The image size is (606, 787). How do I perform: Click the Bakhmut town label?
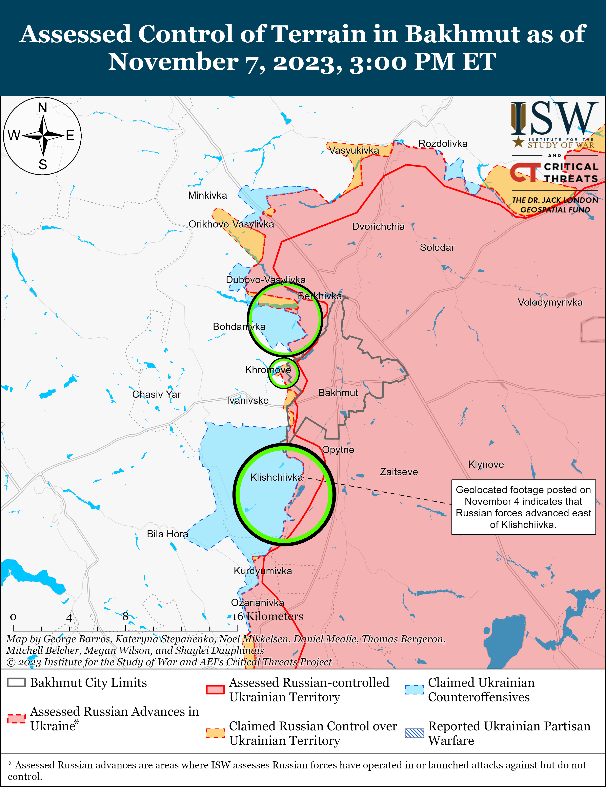tap(338, 393)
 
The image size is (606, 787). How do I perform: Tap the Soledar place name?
tap(437, 248)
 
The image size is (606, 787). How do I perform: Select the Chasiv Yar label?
tap(156, 394)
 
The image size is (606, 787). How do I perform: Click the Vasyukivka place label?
tap(354, 150)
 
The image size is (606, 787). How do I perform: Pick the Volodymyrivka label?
tap(550, 302)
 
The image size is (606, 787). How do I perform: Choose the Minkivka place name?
tap(207, 196)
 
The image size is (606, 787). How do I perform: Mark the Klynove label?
tap(486, 465)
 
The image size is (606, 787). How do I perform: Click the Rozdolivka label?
tap(443, 144)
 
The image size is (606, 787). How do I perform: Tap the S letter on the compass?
tap(43, 165)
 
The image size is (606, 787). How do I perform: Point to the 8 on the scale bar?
tap(125, 616)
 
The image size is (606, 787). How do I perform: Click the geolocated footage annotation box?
tap(523, 507)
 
